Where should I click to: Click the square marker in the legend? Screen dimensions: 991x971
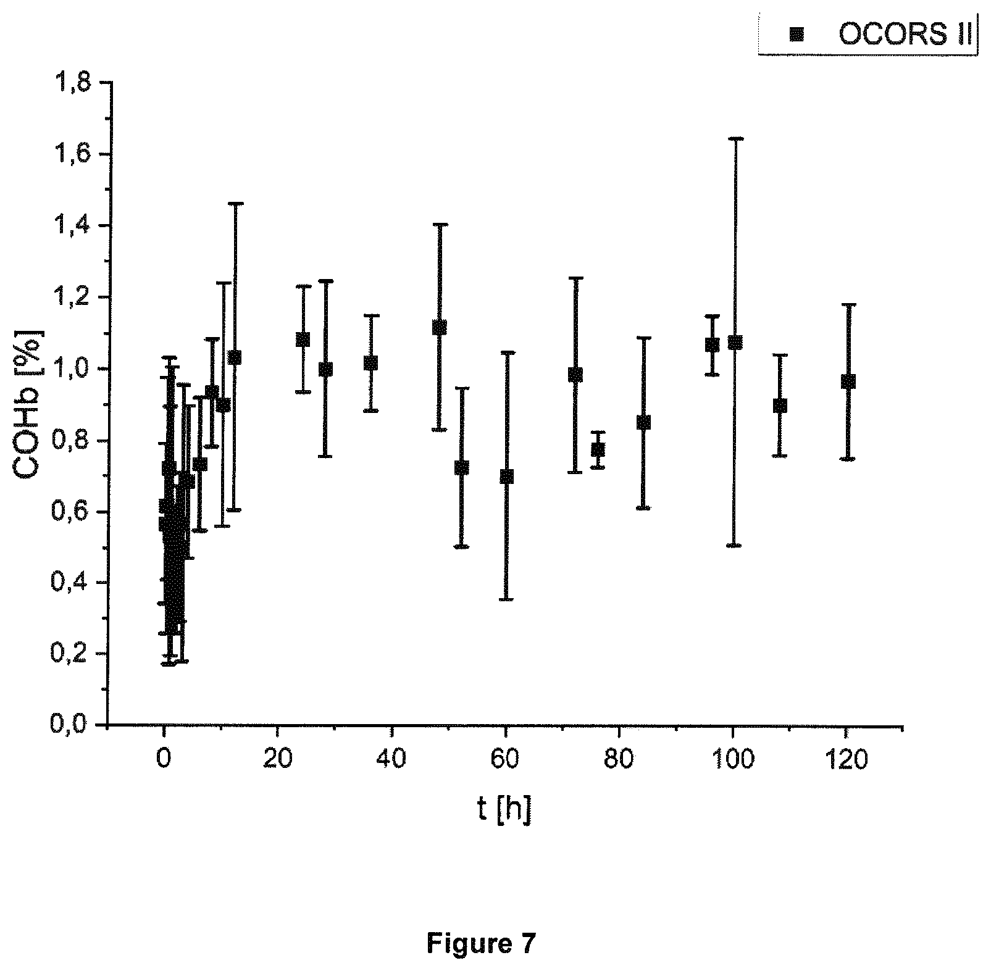(797, 35)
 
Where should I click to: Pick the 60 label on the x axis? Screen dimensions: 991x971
(505, 759)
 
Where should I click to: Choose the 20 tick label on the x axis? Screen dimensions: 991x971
(277, 759)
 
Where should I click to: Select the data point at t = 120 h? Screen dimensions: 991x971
(848, 381)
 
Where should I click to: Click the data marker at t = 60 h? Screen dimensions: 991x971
(506, 477)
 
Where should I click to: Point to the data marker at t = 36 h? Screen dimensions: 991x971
(370, 363)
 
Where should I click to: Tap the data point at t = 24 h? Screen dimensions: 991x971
(303, 340)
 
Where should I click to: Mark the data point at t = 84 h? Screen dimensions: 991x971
(643, 422)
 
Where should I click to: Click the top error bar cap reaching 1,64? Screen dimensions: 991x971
(735, 139)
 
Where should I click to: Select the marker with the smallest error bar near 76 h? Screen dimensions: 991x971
(598, 449)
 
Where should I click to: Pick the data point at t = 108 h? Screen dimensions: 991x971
(780, 406)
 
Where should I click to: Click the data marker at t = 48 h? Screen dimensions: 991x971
(439, 327)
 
